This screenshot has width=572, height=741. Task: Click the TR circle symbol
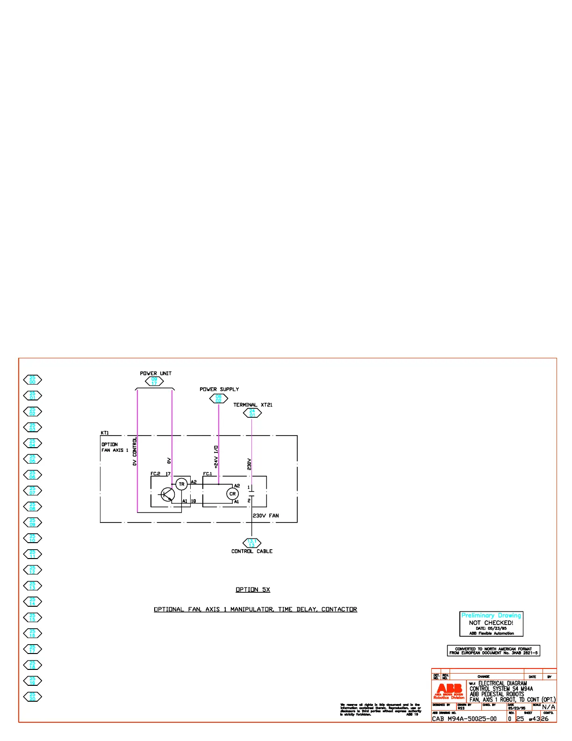point(182,484)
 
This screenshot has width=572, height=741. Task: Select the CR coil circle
point(232,494)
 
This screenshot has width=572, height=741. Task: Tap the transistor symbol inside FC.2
point(167,494)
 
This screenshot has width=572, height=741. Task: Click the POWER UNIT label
point(156,373)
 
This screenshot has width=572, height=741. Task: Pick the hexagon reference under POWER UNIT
point(154,381)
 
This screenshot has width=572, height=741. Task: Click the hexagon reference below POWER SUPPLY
point(218,399)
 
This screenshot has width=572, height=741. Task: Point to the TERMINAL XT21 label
point(253,405)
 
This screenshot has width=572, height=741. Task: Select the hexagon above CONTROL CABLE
point(252,543)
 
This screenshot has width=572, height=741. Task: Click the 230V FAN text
point(266,516)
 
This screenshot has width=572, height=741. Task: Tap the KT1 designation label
point(105,433)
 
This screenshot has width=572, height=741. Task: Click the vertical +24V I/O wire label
point(216,457)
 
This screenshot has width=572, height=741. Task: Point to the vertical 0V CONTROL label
point(135,451)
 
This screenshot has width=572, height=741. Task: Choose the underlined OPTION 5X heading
point(253,589)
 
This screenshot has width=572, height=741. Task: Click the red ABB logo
point(449,689)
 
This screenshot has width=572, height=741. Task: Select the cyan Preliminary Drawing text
point(491,616)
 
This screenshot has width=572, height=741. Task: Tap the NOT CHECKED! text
point(491,623)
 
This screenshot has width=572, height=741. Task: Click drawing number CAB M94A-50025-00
point(464,719)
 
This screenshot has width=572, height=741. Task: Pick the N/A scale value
point(549,707)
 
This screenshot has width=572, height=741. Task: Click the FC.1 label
point(207,474)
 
